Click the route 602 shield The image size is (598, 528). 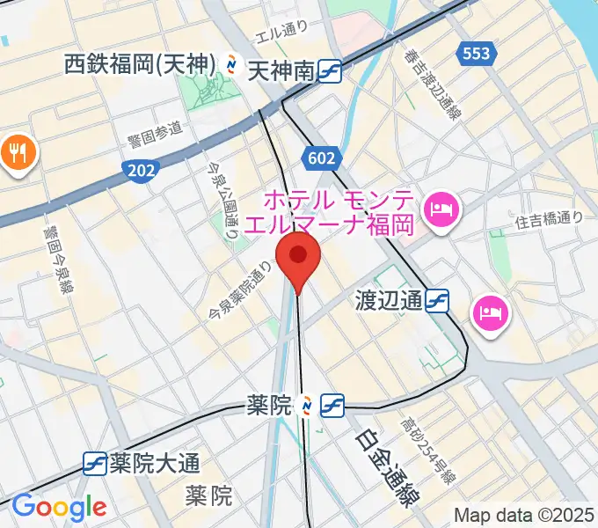tap(322, 158)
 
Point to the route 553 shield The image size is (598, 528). tap(475, 54)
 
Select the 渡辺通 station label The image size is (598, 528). tap(389, 302)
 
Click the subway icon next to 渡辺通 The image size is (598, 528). tap(437, 302)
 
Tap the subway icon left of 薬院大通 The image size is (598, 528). tap(95, 462)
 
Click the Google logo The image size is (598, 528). tap(59, 507)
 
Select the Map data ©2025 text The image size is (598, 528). tap(522, 515)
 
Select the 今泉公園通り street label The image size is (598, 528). tap(221, 201)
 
